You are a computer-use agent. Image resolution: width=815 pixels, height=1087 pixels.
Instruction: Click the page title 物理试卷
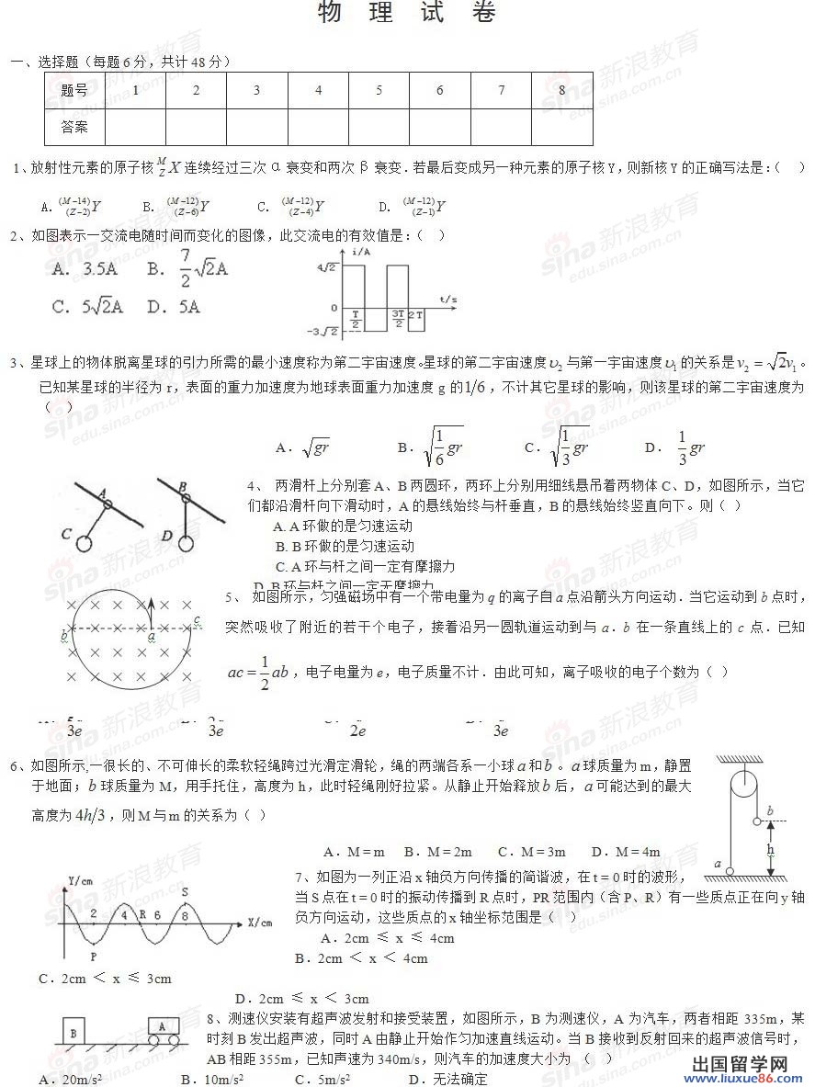point(407,14)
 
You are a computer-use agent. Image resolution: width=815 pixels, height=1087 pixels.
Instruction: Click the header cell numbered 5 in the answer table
point(379,90)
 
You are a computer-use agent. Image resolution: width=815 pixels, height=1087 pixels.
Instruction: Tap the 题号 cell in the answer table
point(74,90)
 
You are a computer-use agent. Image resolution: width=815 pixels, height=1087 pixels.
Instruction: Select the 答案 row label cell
point(74,127)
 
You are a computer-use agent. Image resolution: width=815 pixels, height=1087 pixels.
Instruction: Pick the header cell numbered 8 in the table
point(561,90)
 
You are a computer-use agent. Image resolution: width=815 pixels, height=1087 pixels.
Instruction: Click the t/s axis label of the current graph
point(448,300)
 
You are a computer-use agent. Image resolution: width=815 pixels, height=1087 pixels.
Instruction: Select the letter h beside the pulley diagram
point(771,850)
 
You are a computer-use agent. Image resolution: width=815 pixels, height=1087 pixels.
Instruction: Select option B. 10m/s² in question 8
point(211,1079)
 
